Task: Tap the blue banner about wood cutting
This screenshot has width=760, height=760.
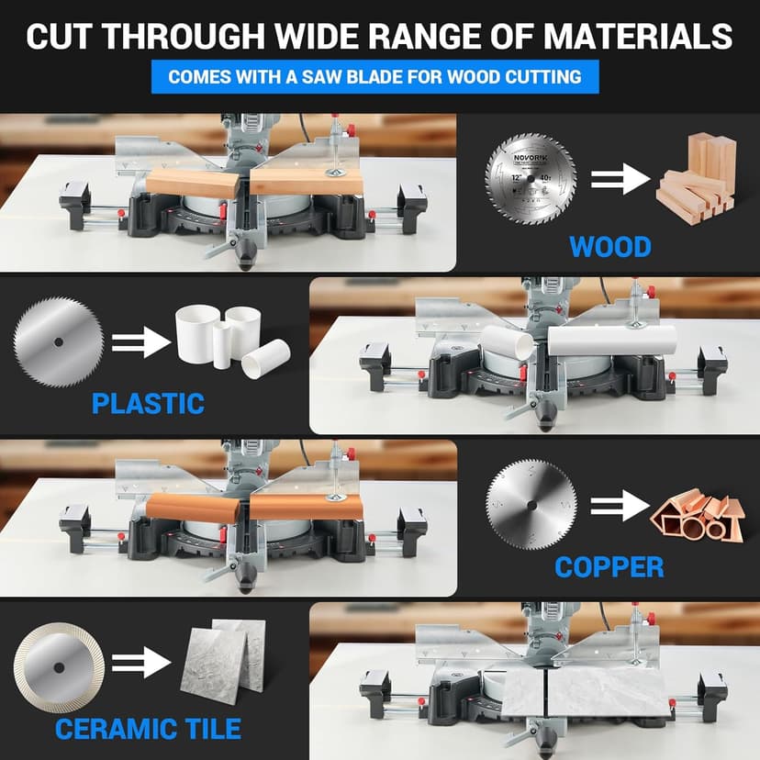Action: [374, 76]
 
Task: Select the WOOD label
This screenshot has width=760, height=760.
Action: [609, 247]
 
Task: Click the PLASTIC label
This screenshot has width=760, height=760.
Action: [148, 402]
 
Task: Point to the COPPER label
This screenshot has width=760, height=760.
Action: [609, 566]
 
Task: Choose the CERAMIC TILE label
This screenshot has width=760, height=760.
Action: [148, 729]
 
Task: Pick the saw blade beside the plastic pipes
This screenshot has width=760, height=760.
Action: [59, 343]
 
